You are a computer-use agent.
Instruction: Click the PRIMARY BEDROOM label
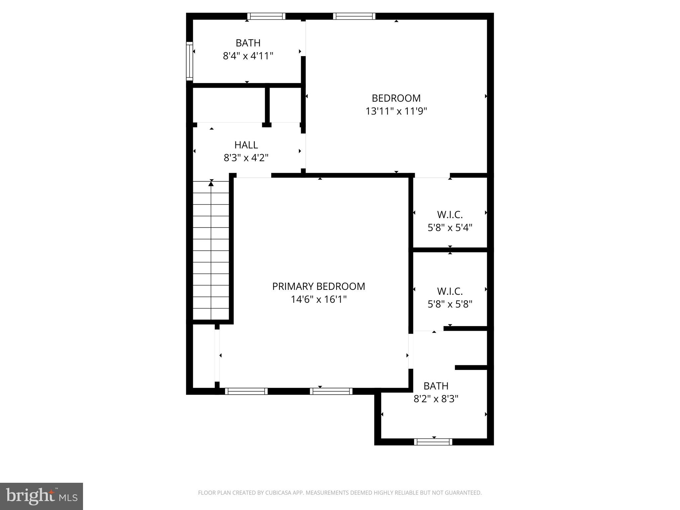(318, 286)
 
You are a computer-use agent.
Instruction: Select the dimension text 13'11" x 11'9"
(396, 111)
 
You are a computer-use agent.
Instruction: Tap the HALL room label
(246, 145)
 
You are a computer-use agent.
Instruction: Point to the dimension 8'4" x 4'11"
(248, 56)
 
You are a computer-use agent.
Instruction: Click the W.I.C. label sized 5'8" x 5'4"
(450, 215)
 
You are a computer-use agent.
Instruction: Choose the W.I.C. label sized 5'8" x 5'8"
(450, 291)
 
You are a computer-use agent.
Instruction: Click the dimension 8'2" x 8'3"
(436, 399)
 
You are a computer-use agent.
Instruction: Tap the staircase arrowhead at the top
(211, 183)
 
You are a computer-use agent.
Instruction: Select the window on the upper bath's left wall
(189, 61)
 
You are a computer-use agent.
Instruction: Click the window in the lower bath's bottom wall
(433, 442)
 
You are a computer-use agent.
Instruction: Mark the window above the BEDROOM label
(354, 16)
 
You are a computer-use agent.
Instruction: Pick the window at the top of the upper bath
(266, 16)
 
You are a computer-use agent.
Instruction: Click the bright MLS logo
(42, 496)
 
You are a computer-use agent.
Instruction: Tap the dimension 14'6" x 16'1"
(318, 299)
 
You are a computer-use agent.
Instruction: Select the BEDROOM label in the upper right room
(396, 98)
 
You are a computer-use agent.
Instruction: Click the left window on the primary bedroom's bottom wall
(246, 391)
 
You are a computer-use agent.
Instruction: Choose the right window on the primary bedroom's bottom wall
(331, 391)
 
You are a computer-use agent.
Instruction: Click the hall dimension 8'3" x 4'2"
(246, 158)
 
